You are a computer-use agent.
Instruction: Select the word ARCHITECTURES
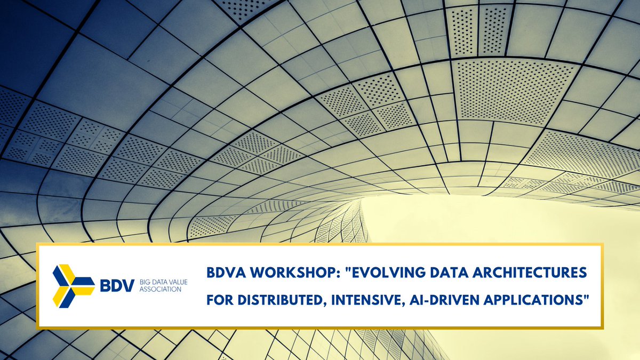(x=534, y=273)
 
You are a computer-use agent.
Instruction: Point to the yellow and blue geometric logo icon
(x=73, y=285)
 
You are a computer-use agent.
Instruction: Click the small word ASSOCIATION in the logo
(x=156, y=290)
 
